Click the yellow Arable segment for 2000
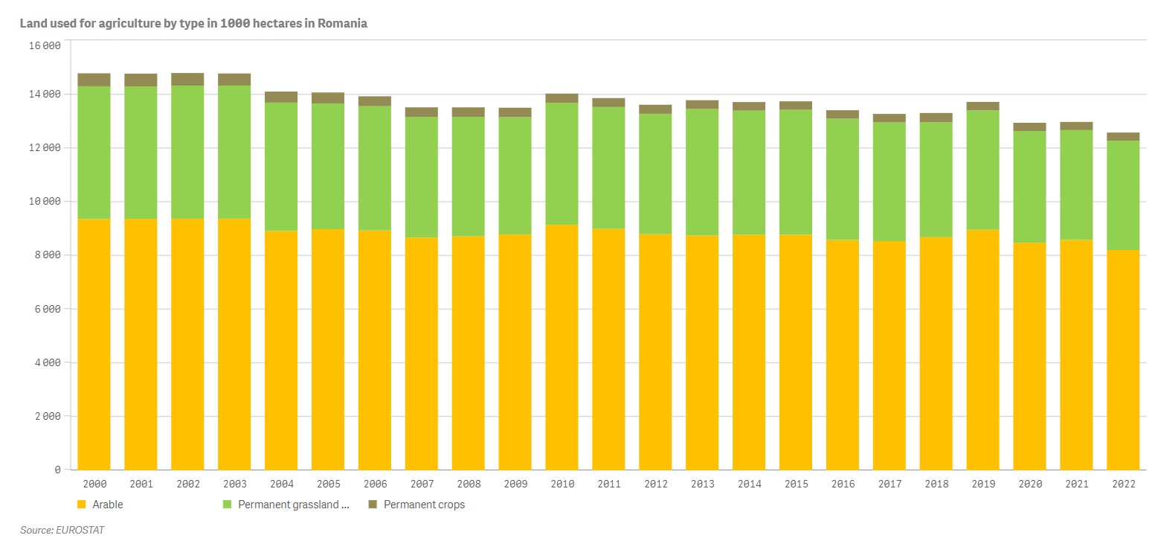(94, 344)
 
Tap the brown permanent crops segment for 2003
(234, 80)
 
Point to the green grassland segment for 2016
(842, 179)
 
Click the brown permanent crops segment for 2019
(982, 106)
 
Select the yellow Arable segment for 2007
(421, 353)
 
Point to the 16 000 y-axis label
(44, 45)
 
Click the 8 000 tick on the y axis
(47, 255)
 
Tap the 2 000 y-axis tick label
(47, 417)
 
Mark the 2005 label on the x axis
(328, 484)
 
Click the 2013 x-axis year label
(702, 484)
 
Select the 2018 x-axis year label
(936, 484)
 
